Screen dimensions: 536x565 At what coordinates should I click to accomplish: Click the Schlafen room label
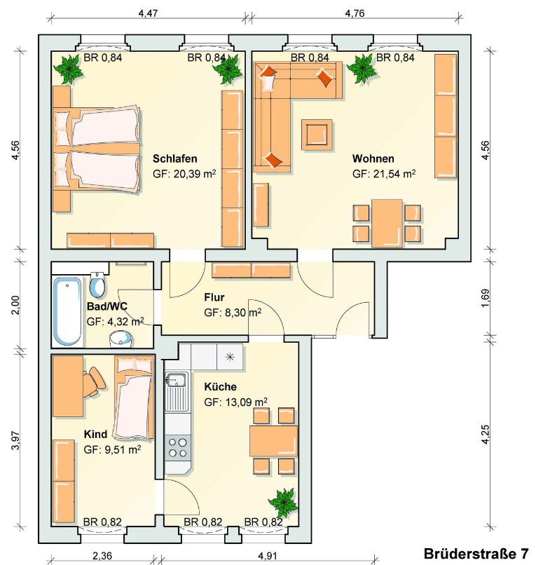point(174,158)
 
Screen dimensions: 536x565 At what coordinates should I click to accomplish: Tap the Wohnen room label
point(373,158)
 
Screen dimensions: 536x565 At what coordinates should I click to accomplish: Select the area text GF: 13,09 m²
point(235,402)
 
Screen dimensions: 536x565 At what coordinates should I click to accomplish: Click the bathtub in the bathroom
point(68,311)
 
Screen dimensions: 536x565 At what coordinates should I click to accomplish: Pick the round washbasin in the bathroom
point(121,339)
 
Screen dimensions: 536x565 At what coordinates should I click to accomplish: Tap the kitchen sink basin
point(176,380)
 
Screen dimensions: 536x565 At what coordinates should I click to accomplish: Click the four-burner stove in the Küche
point(178,447)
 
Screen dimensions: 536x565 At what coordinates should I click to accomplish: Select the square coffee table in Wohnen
point(317,135)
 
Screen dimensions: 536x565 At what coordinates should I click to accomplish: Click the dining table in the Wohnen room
point(387,224)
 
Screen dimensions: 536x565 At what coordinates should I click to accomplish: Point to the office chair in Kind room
point(95,383)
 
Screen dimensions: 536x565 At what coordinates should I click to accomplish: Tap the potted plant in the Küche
point(284,503)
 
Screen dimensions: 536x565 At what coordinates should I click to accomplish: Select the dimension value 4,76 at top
point(355,13)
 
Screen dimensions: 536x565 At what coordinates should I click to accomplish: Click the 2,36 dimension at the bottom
point(102,556)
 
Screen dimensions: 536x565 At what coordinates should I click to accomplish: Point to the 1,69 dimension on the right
point(486,299)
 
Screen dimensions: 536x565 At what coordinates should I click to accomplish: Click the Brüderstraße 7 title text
point(476,554)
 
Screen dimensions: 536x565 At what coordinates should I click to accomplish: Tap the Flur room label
point(214,297)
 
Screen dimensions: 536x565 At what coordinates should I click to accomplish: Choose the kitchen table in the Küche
point(274,441)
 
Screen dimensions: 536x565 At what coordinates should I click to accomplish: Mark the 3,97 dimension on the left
point(15,440)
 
